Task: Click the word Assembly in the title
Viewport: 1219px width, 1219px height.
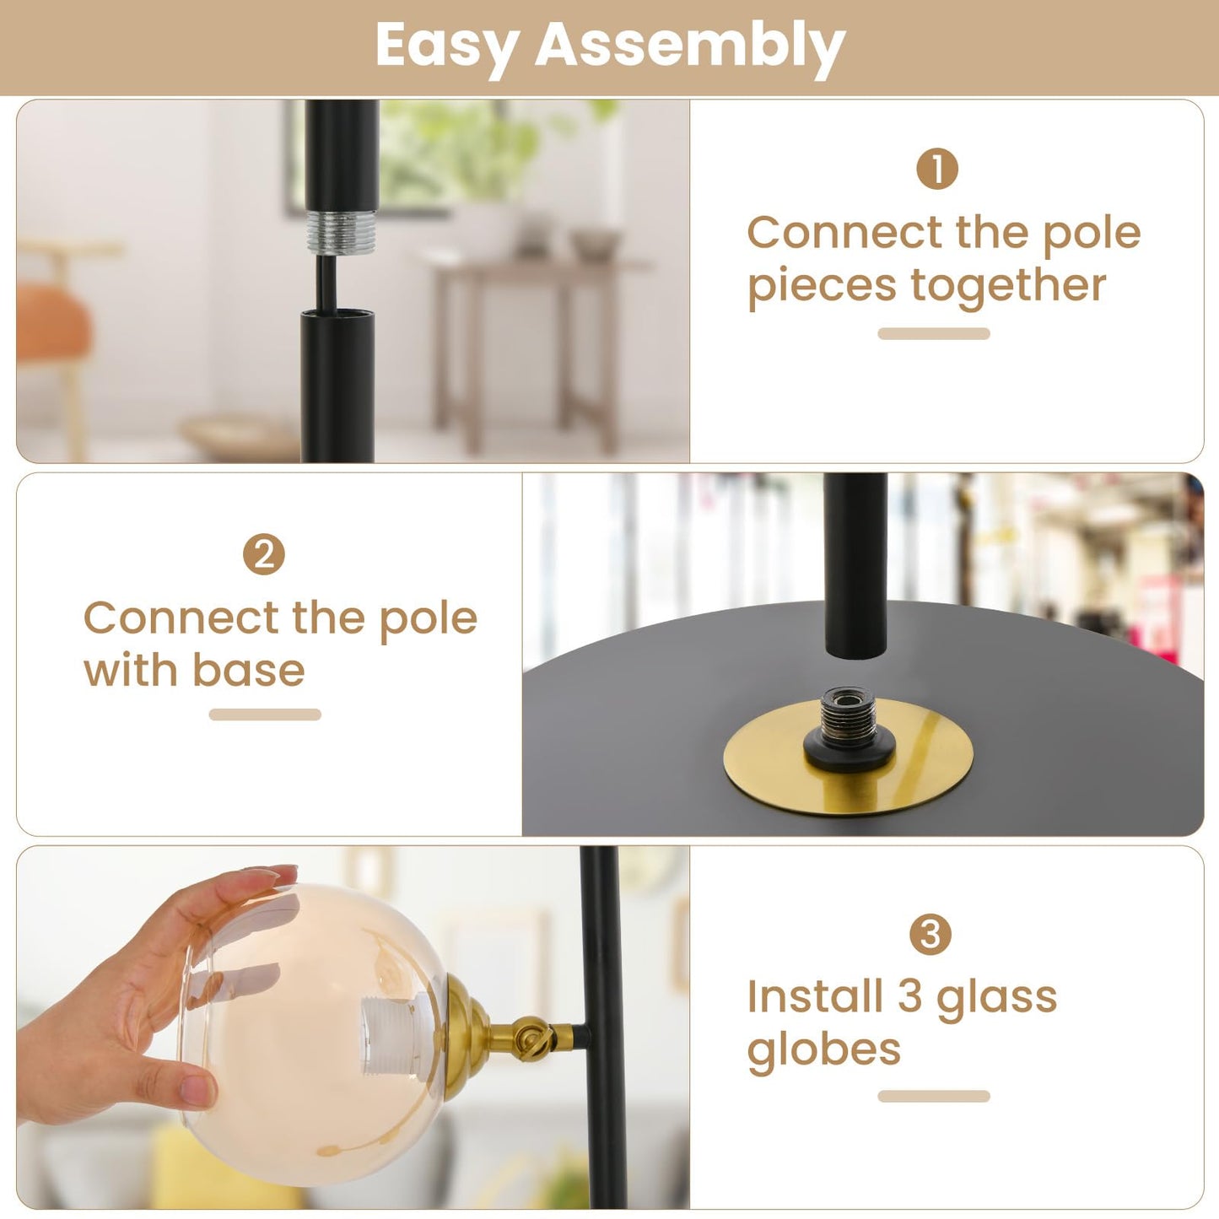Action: [689, 46]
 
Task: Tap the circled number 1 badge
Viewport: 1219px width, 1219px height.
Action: [936, 169]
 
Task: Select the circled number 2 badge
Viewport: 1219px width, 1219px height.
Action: [263, 555]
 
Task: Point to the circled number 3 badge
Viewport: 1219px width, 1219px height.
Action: [930, 935]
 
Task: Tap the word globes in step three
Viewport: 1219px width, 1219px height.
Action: [823, 1049]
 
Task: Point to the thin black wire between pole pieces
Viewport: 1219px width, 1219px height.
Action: [323, 282]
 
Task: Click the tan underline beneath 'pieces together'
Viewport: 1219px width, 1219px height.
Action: [933, 334]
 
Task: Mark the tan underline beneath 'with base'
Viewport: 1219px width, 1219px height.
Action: [265, 715]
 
